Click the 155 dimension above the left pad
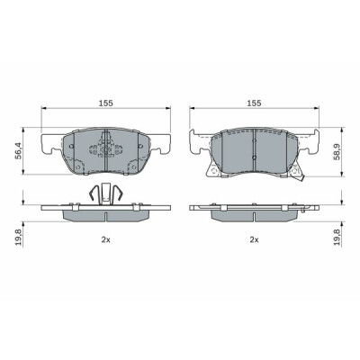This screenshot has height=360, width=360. [x=106, y=103]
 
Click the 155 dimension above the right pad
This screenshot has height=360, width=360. [x=255, y=103]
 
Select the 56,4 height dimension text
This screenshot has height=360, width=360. [x=19, y=150]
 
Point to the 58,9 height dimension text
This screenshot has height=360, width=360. [x=338, y=152]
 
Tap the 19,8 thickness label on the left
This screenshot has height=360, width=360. [x=19, y=237]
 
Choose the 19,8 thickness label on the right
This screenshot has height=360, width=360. [x=338, y=237]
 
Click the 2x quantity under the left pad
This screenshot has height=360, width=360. [x=106, y=239]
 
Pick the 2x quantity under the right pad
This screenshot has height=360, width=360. [x=255, y=239]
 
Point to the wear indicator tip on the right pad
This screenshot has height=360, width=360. [x=302, y=179]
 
